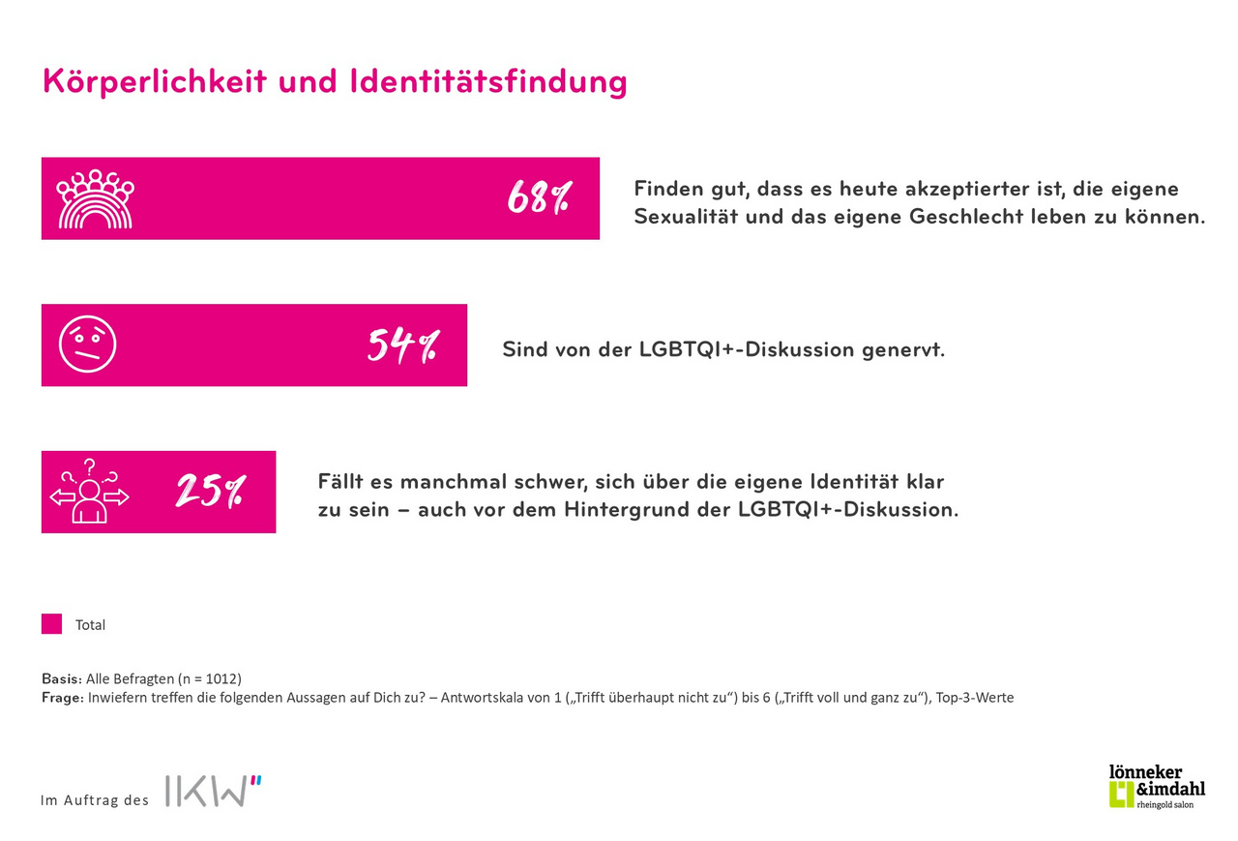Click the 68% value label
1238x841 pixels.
[x=539, y=198]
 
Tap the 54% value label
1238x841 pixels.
[x=401, y=345]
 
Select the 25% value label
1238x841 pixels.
[x=210, y=492]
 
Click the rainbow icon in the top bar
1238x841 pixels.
[x=95, y=199]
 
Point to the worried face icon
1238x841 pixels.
[x=87, y=345]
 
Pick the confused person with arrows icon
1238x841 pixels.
[x=88, y=492]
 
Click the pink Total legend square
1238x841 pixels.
[x=51, y=624]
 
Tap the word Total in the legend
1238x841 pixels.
[x=91, y=625]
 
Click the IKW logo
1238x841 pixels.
[x=214, y=791]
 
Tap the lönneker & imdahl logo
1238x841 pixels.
[x=1157, y=785]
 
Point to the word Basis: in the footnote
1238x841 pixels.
[x=62, y=678]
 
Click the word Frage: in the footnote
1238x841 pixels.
[x=63, y=697]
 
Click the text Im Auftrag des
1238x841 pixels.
[x=95, y=800]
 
